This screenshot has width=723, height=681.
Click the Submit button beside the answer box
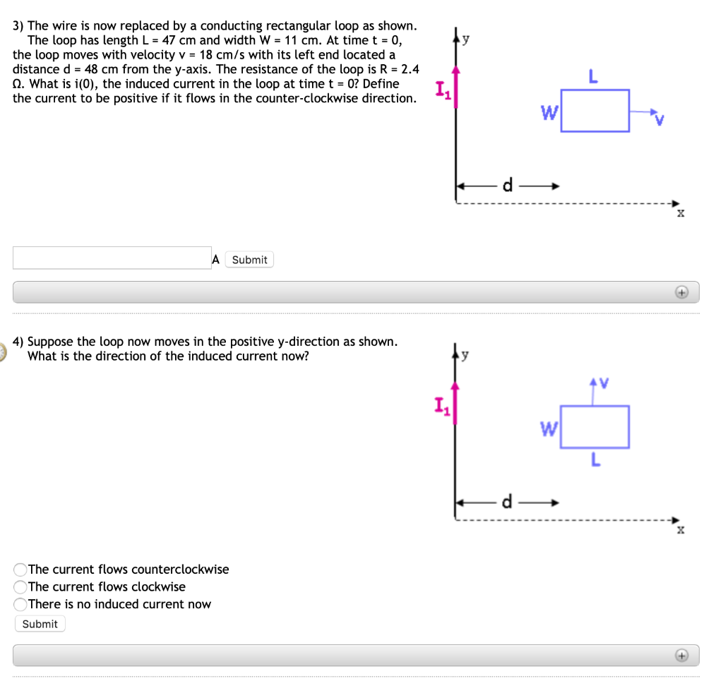coord(249,260)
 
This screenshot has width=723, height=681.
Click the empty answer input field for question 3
coord(112,258)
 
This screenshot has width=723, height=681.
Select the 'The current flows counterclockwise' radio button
coord(20,569)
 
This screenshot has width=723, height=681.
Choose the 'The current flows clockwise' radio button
coord(20,586)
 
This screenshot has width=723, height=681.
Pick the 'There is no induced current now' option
coord(20,604)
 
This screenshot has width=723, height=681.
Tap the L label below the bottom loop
coord(595,462)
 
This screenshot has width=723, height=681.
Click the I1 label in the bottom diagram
coord(441,406)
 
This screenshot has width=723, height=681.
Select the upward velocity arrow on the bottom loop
coord(595,392)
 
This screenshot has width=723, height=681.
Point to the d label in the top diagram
coord(507,186)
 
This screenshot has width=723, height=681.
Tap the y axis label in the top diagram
coord(466,40)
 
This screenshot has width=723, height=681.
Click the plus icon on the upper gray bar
coord(681,292)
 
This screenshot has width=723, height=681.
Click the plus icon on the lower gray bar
coord(681,655)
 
